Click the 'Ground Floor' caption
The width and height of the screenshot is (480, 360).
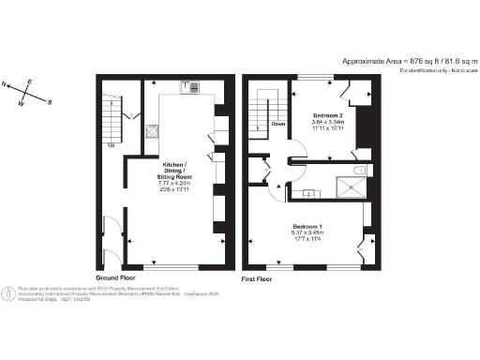point(118,278)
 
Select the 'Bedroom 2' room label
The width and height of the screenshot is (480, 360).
point(328,114)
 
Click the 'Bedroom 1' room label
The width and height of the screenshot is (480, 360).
point(308,228)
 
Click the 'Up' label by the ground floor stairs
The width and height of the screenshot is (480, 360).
point(112,144)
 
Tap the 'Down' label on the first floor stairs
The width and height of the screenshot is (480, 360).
point(278,123)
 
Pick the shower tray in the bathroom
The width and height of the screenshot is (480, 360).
point(349,186)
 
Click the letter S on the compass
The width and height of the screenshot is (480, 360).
point(50,102)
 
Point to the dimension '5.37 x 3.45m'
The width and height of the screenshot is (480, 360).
point(308,234)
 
